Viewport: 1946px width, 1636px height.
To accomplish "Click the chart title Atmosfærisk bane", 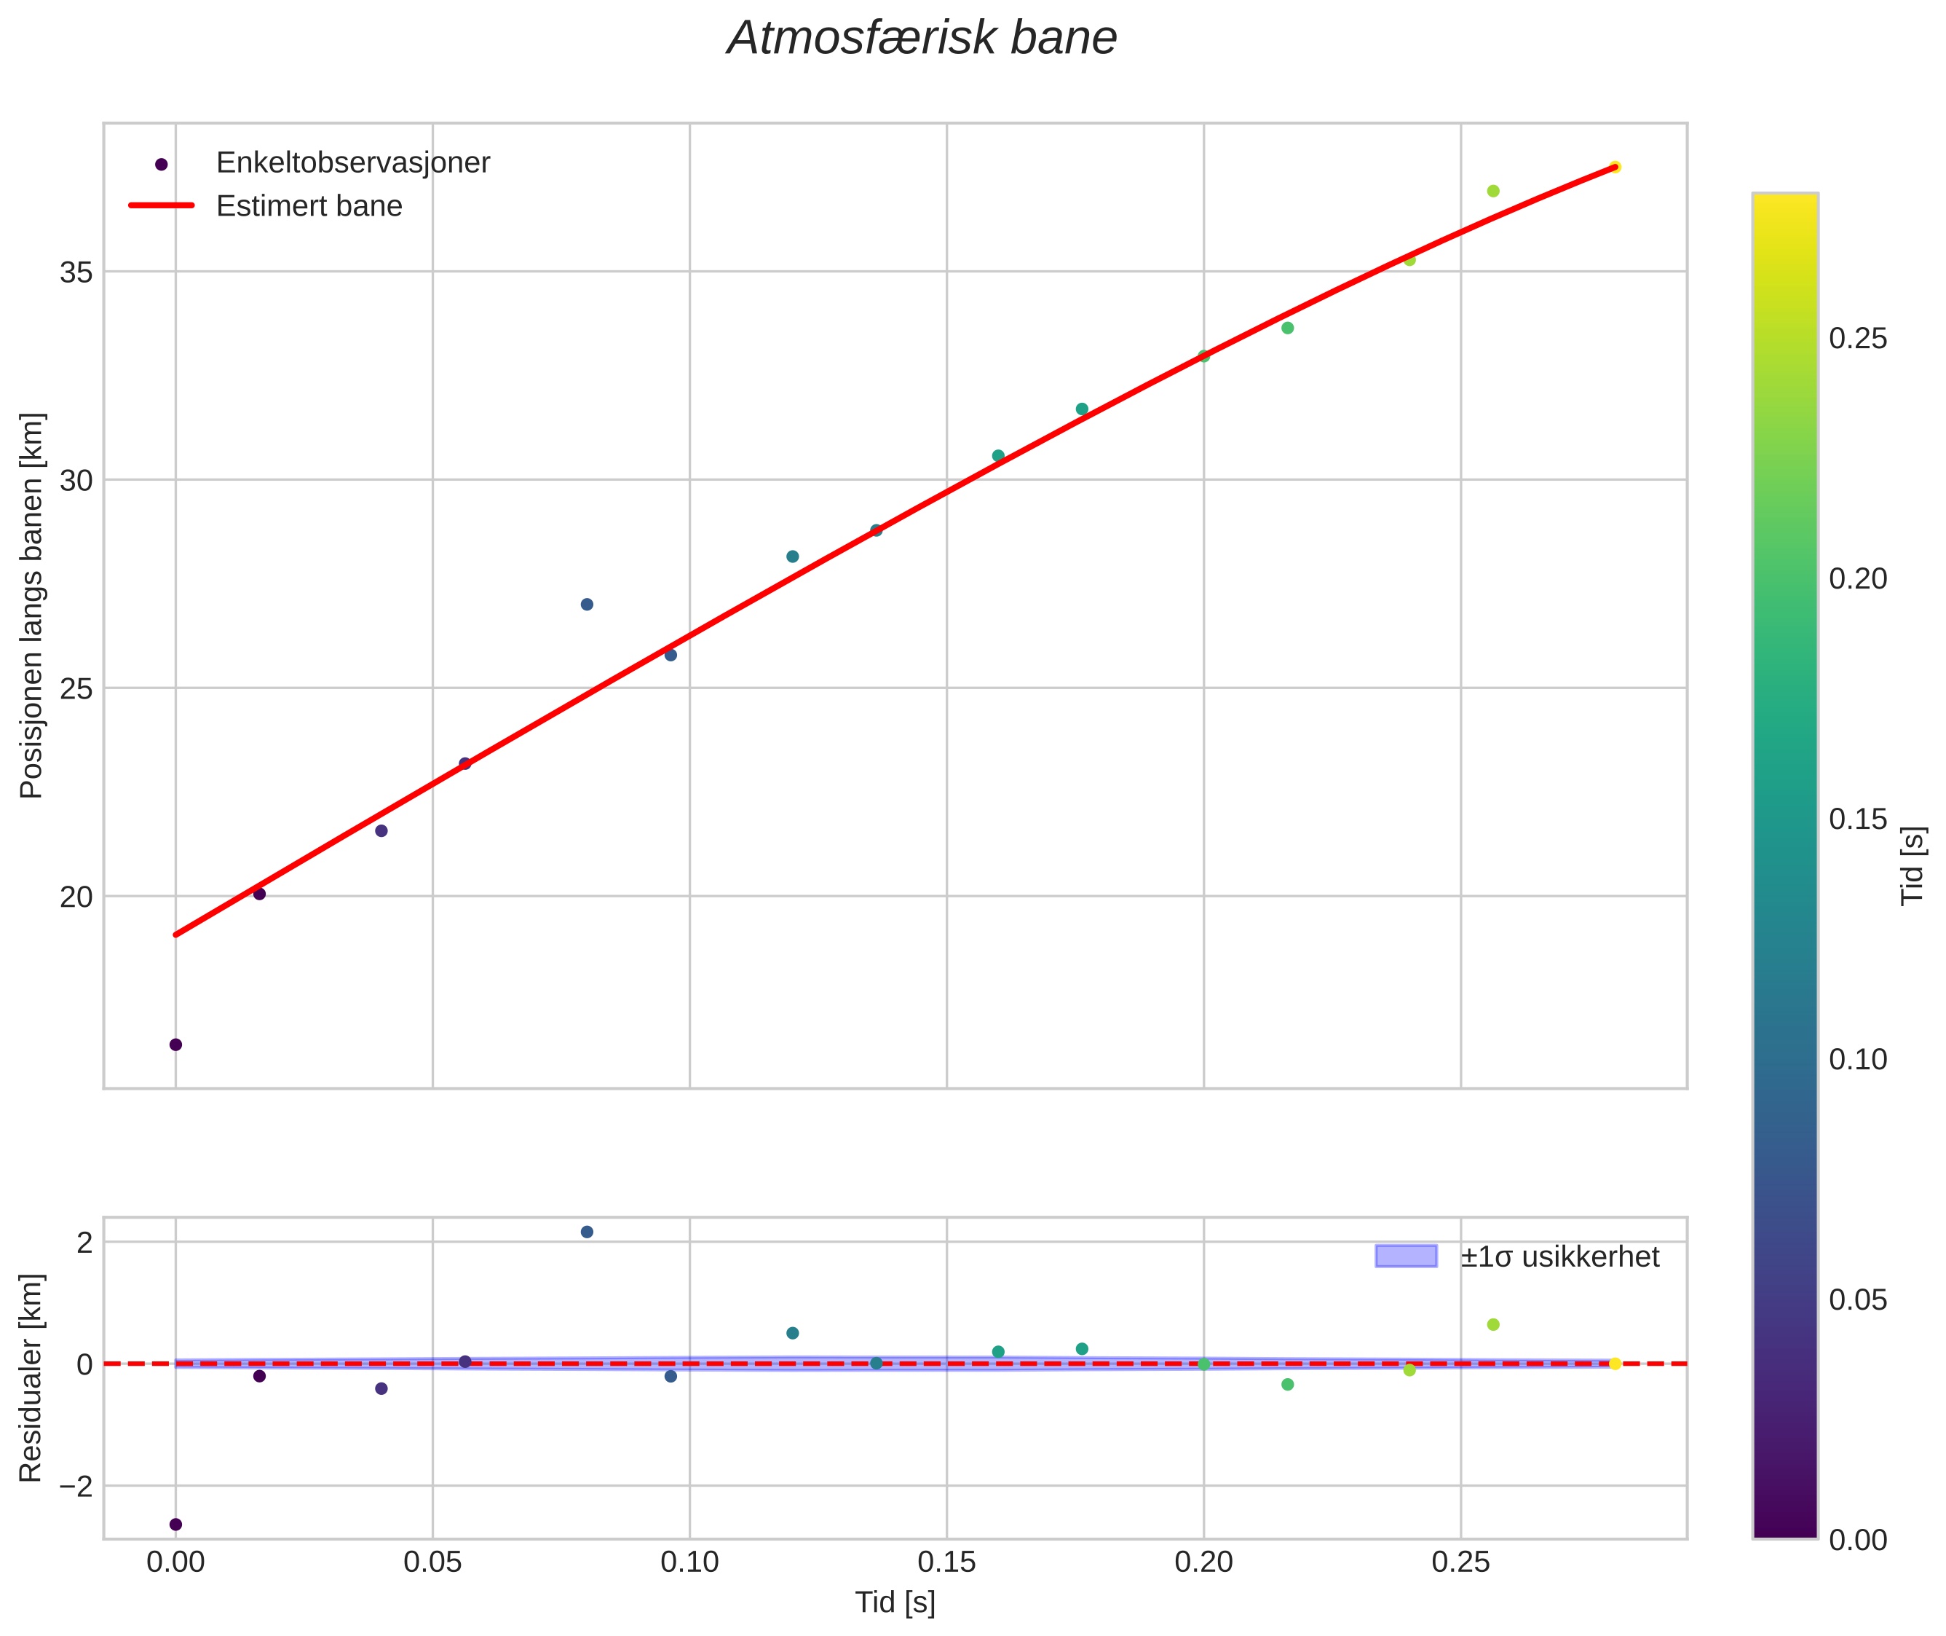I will coord(922,39).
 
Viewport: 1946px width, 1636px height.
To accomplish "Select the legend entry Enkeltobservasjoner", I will coord(352,163).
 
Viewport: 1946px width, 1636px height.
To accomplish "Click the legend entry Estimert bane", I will coord(309,206).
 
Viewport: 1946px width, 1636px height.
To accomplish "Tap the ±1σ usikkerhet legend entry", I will coord(1559,1257).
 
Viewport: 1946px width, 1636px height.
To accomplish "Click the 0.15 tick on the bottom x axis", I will coord(946,1562).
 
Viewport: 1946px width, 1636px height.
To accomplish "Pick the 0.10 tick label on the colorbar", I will coord(1857,1059).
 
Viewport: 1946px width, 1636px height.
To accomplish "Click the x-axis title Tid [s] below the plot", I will coord(895,1602).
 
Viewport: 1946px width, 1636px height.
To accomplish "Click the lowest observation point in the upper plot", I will coord(175,1045).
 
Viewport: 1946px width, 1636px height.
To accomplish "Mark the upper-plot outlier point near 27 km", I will coord(587,605).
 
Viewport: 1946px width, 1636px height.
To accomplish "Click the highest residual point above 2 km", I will coord(587,1232).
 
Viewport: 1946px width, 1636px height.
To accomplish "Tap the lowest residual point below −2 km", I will coord(175,1524).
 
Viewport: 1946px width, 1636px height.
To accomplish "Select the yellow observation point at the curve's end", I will coord(1614,167).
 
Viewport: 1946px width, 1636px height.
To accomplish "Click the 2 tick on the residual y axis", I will coord(85,1242).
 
